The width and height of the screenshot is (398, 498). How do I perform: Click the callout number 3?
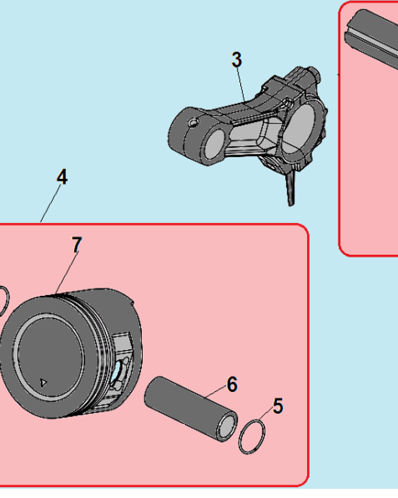tap(237, 60)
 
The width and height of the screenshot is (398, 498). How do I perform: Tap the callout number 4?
tap(62, 177)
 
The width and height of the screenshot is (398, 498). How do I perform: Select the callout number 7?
tap(77, 245)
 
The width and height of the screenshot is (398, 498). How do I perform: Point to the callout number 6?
tap(232, 384)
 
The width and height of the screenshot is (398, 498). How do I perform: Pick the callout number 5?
tap(278, 406)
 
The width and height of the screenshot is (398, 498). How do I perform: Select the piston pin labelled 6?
tap(191, 409)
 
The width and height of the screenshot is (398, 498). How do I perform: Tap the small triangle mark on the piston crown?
tap(43, 382)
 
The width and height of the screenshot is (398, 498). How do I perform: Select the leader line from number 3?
tap(241, 85)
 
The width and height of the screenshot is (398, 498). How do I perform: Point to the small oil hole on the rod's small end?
tap(193, 122)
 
